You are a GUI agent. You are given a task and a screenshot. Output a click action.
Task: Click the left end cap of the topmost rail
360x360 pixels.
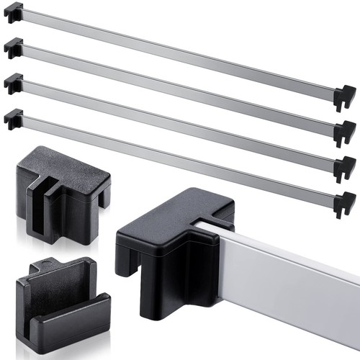(x=14, y=12)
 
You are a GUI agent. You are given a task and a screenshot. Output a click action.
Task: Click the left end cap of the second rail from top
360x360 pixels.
(x=14, y=48)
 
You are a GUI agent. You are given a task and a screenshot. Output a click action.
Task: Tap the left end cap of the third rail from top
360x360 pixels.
(x=14, y=82)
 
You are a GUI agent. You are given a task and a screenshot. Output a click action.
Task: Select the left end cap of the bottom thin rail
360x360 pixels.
(x=14, y=117)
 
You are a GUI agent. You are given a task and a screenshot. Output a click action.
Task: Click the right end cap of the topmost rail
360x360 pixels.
(x=345, y=96)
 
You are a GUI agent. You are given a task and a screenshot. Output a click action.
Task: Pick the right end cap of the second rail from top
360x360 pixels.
(x=345, y=132)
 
